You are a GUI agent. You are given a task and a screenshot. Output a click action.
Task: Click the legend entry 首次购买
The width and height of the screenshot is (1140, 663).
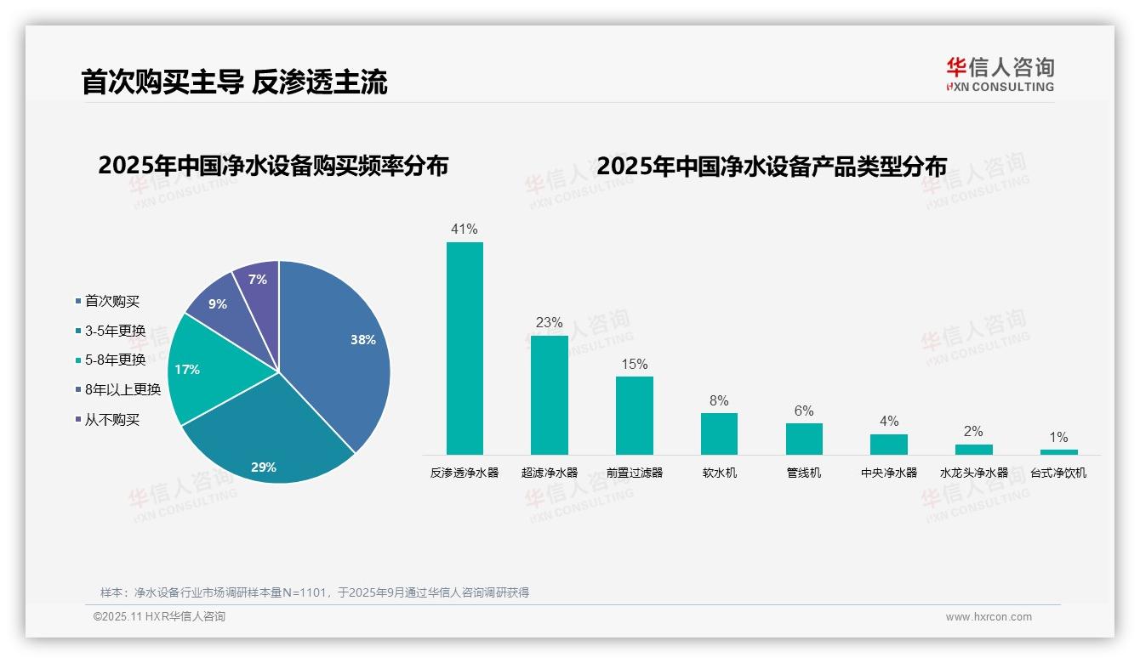coord(111,301)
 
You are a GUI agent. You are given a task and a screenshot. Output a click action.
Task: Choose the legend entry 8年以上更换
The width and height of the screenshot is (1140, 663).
coord(123,389)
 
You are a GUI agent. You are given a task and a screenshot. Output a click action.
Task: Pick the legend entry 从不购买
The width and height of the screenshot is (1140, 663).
coord(111,419)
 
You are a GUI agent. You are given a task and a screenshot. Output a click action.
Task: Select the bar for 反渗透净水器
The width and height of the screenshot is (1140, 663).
coord(465,348)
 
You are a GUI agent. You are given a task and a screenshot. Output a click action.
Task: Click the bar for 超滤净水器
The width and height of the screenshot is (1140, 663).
coord(549,395)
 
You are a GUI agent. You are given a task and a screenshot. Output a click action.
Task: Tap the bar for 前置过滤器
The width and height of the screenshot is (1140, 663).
coord(634,416)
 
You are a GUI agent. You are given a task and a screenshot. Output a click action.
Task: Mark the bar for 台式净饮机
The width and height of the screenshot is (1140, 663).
coord(1058,452)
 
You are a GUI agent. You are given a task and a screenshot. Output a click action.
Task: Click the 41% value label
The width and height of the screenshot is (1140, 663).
coord(465,229)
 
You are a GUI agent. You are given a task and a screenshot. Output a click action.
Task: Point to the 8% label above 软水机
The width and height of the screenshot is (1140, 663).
coord(719,400)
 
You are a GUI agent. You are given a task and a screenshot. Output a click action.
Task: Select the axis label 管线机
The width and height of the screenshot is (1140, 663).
coord(804,473)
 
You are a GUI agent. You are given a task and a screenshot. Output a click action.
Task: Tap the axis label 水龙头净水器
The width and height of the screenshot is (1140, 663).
coord(973,473)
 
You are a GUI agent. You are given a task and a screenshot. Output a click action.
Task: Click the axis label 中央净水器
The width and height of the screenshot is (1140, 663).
coord(889,473)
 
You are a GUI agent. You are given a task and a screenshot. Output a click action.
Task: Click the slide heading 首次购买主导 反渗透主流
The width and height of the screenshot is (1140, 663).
coord(234,82)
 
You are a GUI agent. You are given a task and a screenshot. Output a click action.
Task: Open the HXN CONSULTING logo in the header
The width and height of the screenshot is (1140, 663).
coord(1000,74)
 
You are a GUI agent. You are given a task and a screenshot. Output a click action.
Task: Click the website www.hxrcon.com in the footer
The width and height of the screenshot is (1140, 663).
coord(989,617)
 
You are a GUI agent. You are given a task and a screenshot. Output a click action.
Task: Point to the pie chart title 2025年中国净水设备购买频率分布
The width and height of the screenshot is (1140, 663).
coord(273,166)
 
